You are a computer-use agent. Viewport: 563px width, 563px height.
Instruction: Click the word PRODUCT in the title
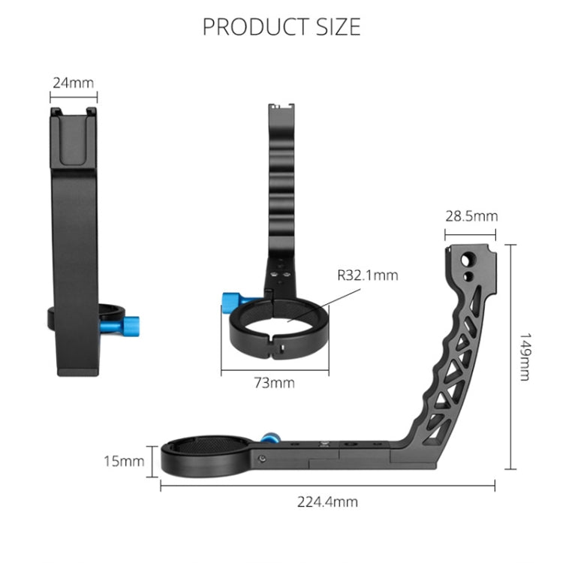(256, 27)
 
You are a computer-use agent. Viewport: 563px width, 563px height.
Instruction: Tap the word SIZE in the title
(339, 27)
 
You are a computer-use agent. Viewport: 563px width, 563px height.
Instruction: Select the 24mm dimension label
(74, 83)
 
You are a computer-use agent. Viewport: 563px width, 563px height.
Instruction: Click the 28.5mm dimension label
(471, 216)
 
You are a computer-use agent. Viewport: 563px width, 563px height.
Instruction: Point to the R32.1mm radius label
(368, 275)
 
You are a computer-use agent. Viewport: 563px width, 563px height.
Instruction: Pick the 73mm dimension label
(274, 383)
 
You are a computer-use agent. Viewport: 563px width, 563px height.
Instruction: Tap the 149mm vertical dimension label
(525, 357)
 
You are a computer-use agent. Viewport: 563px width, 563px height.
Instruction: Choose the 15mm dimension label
(124, 461)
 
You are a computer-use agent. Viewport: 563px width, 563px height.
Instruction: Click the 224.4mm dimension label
(327, 501)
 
